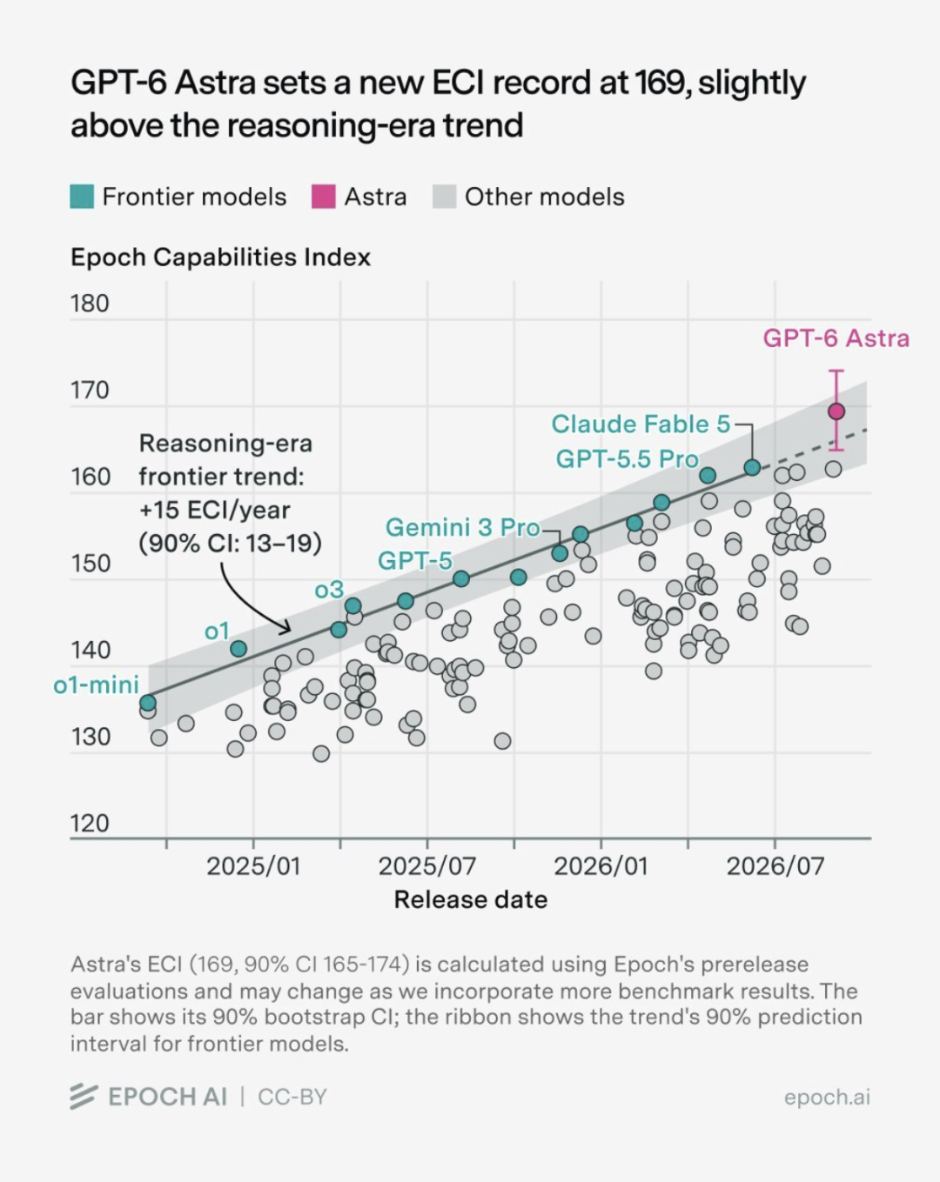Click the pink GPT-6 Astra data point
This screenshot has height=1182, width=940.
pos(836,411)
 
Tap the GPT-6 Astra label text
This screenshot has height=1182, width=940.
pos(836,338)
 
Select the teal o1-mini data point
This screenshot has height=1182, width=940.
pos(147,703)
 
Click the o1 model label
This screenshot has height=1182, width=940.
pos(217,631)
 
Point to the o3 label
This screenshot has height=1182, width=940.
pos(329,590)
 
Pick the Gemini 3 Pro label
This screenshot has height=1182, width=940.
pos(463,527)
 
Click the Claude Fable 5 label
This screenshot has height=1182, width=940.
pos(641,424)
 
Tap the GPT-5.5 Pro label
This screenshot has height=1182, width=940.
pos(628,458)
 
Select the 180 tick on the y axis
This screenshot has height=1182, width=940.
pos(90,304)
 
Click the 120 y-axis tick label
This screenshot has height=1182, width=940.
pos(90,824)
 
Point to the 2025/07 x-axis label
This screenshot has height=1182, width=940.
pos(427,867)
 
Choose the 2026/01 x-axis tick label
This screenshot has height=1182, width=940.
pos(601,867)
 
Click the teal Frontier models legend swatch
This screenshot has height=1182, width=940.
pos(82,197)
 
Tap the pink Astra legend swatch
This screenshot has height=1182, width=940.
pos(323,197)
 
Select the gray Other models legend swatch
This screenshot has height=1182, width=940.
pos(444,197)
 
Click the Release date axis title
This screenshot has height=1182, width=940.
pos(471,900)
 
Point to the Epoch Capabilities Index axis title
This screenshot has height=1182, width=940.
pos(220,257)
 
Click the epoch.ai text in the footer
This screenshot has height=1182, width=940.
pos(827,1097)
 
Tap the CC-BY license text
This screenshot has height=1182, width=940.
pos(292,1097)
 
